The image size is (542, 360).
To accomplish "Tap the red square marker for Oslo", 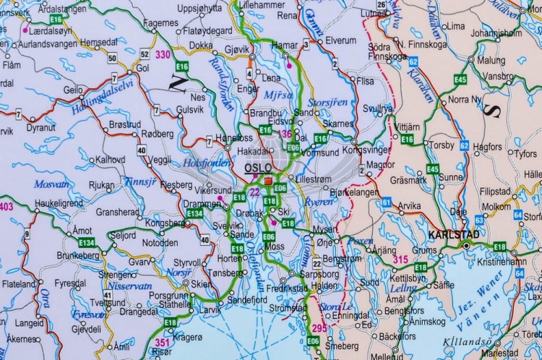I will click(268, 181).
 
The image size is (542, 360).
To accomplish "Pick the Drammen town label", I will click(202, 205).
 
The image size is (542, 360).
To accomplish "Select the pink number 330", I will click(163, 54).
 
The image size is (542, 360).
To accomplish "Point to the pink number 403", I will click(7, 207).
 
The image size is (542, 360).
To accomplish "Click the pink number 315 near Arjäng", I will click(400, 259).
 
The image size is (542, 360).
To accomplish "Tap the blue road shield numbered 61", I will click(387, 202).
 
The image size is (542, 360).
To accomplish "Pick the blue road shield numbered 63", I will click(480, 220).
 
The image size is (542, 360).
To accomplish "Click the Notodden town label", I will click(160, 243).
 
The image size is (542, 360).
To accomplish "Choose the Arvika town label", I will click(409, 206).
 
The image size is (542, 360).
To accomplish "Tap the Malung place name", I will click(491, 60).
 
